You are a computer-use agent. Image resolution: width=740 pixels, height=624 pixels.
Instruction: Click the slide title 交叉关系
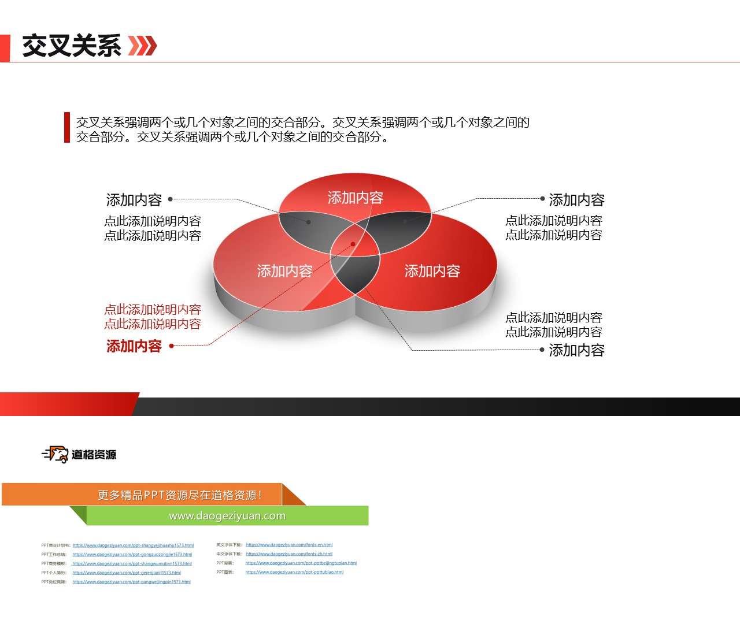coord(72,46)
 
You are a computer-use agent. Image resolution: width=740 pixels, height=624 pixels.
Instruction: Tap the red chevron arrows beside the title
coord(142,46)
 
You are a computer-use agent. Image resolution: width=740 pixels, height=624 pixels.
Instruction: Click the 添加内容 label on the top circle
coord(355,198)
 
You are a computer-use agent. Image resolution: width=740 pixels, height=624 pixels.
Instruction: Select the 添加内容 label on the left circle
coord(284,271)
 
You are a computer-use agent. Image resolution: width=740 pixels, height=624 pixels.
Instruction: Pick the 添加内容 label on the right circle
coord(432,271)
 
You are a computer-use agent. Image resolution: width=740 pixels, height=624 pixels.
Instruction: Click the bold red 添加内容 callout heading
coord(134,346)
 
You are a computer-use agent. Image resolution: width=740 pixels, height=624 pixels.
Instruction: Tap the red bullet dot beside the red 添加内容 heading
coord(172,346)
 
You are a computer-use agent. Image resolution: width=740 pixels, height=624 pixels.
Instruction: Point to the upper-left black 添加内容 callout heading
coord(134,200)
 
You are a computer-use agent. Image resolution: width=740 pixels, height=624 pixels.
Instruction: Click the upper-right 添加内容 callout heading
coord(576,200)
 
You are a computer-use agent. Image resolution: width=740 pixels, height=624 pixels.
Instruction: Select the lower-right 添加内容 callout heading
coord(576,350)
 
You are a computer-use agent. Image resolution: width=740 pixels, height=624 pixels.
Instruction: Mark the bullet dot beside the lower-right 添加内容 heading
coord(542,350)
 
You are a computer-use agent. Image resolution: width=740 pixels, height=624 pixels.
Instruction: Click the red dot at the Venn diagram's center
coord(353,244)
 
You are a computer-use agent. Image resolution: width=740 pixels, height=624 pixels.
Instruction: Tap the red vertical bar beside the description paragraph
coord(67,127)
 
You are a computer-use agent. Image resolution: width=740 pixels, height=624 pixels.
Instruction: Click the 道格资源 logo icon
coord(56,454)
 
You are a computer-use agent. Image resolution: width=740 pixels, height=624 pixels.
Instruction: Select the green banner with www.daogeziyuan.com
coord(227,516)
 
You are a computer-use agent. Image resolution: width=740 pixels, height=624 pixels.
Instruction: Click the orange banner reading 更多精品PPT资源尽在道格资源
coord(179,495)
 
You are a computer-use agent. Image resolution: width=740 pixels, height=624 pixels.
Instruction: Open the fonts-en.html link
coord(289,545)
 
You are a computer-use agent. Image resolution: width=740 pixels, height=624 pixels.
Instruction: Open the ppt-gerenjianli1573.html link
coord(127,573)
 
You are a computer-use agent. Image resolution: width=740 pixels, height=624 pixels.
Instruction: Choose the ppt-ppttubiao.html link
coord(294,572)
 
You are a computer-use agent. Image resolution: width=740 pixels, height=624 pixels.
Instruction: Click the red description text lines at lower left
coord(153,317)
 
